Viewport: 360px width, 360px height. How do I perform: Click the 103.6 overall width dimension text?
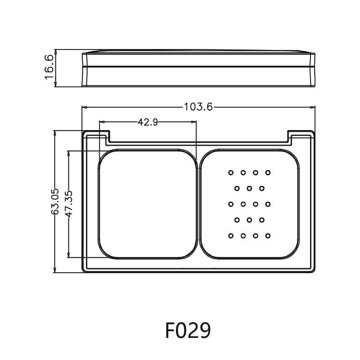198,107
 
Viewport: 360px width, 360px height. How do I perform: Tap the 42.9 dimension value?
148,121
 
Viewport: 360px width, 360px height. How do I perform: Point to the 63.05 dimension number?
55,202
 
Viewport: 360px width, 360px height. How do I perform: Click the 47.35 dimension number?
69,204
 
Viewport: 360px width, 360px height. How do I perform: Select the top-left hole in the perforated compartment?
231,172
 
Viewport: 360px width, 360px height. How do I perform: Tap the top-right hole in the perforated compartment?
268,172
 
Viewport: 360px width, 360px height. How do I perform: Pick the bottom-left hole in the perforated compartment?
231,236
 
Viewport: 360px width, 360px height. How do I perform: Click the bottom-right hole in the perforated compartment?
268,236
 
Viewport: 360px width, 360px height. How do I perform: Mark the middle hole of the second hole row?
249,188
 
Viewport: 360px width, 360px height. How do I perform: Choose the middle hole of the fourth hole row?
249,220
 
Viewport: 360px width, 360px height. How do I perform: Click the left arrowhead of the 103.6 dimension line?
84,107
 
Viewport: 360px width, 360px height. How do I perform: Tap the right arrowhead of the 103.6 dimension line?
313,107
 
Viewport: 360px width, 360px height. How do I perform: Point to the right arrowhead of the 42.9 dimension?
194,121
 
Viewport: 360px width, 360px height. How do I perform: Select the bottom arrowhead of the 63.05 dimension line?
55,270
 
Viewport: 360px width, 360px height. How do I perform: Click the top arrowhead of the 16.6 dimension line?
55,52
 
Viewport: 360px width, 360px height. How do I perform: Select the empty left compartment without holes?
148,204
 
